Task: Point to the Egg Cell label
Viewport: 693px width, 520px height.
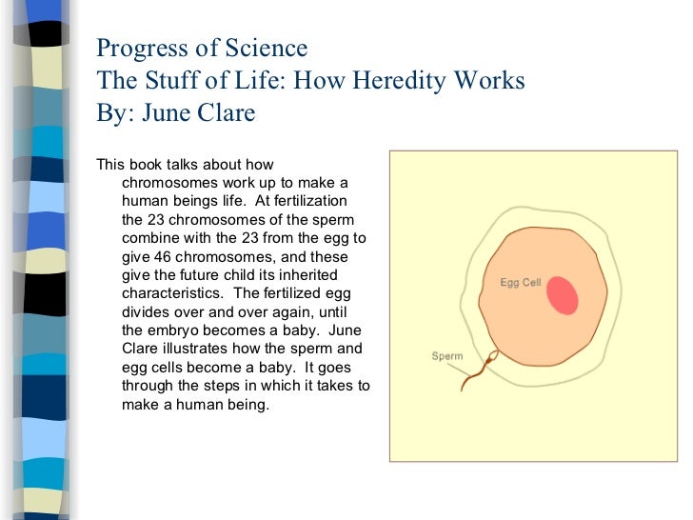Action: click(x=521, y=283)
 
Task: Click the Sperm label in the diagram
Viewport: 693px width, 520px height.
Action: click(x=447, y=356)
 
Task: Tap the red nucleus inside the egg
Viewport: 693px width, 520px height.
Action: click(x=563, y=295)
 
